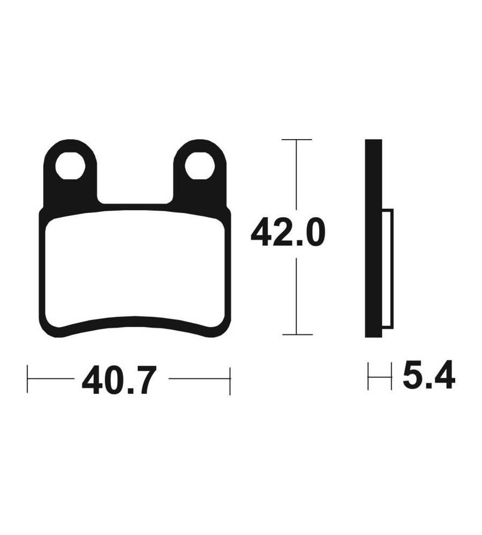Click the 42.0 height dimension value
(x=288, y=233)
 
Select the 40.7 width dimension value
(x=119, y=379)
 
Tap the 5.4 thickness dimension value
(x=428, y=374)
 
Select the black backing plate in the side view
(x=373, y=238)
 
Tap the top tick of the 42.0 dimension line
(x=297, y=140)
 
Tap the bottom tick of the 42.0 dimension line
(x=297, y=334)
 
